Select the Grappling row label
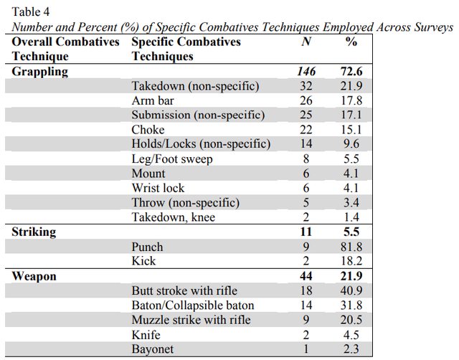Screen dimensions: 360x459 40,72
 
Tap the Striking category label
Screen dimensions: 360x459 34,232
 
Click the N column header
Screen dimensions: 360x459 306,42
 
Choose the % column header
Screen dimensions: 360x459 351,42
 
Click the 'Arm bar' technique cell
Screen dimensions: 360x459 153,100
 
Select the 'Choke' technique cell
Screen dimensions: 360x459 148,130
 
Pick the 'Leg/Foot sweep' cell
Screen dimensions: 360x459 172,159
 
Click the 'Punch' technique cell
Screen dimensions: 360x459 147,247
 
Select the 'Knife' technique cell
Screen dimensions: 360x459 146,334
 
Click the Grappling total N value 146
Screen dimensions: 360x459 306,72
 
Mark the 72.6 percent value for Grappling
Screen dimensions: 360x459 351,72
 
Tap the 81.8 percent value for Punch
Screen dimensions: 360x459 351,247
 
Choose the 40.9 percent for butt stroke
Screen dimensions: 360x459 351,290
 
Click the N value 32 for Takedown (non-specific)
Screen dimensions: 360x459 306,86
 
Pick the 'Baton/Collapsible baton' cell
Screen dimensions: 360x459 193,305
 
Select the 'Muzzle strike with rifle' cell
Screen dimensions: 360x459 191,320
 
